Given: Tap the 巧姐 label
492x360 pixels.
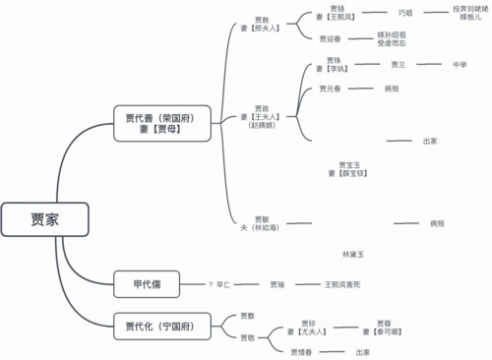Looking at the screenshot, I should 405,13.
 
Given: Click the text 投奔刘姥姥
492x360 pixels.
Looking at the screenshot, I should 470,9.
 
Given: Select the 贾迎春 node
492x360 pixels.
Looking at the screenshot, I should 331,39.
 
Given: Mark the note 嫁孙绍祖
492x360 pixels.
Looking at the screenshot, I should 391,35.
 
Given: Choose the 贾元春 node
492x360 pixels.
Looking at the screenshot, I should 331,89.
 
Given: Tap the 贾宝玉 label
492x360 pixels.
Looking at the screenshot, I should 349,164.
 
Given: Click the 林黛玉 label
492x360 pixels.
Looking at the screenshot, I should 353,254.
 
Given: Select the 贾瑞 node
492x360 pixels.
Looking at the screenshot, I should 277,284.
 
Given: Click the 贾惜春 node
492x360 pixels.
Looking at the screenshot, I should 302,351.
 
